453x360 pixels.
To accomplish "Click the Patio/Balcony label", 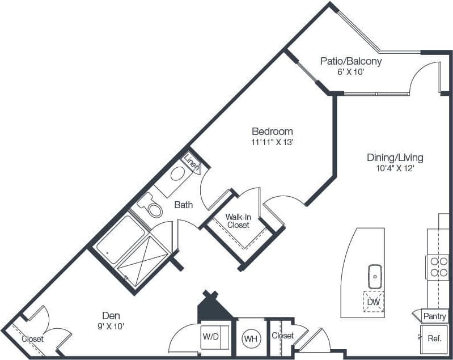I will pyautogui.click(x=350, y=61).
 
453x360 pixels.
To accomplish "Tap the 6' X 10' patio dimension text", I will pyautogui.click(x=350, y=72).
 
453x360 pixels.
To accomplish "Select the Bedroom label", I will pyautogui.click(x=273, y=132).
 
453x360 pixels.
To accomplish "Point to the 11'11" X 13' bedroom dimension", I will pyautogui.click(x=273, y=142).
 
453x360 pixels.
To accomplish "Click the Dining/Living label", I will pyautogui.click(x=395, y=158).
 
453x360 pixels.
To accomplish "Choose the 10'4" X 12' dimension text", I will pyautogui.click(x=395, y=168).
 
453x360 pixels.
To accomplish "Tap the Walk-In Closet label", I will pyautogui.click(x=238, y=221).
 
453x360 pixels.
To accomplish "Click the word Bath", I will pyautogui.click(x=183, y=205).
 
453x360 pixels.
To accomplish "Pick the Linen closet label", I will pyautogui.click(x=192, y=166).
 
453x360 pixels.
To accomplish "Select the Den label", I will pyautogui.click(x=111, y=315).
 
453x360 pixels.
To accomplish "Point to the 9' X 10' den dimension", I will pyautogui.click(x=111, y=326).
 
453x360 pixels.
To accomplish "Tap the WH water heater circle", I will pyautogui.click(x=251, y=339).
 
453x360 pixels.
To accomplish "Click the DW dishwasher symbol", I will pyautogui.click(x=373, y=302).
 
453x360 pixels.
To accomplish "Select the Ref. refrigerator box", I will pyautogui.click(x=434, y=339).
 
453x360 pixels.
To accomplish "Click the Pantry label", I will pyautogui.click(x=434, y=316).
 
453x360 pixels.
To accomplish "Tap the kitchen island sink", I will pyautogui.click(x=375, y=276).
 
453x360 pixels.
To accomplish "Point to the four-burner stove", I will pyautogui.click(x=438, y=266).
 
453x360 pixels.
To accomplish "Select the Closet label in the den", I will pyautogui.click(x=32, y=339).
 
